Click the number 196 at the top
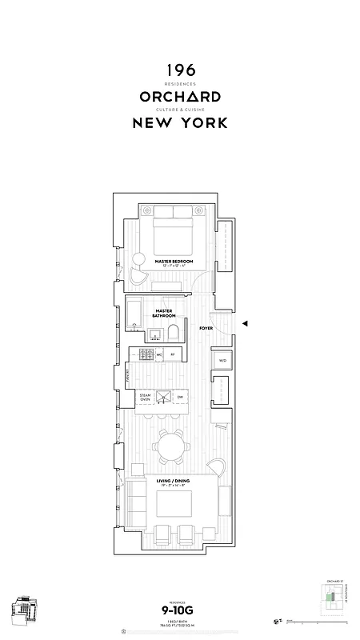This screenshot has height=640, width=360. click(x=180, y=71)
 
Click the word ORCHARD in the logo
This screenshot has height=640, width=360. click(x=180, y=97)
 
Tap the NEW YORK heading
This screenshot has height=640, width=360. click(x=180, y=123)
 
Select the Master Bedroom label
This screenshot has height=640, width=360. click(x=174, y=260)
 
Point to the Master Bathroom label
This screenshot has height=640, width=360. click(x=165, y=313)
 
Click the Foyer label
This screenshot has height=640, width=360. click(x=206, y=328)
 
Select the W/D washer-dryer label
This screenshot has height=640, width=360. click(x=222, y=362)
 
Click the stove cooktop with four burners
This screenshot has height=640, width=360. click(x=147, y=354)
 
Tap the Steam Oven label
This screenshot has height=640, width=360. click(x=145, y=397)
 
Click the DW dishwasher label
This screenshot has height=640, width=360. click(x=179, y=397)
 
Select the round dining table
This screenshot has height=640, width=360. click(x=172, y=445)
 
